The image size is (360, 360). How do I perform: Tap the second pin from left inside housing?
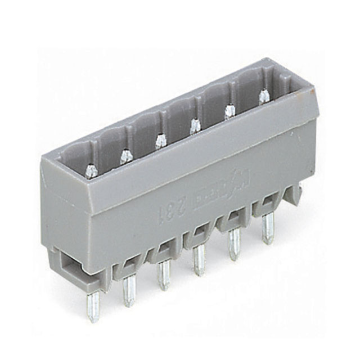[126, 156]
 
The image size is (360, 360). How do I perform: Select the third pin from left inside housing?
[161, 140]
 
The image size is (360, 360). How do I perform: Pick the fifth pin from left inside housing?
[230, 111]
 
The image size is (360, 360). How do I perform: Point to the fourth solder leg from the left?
[199, 260]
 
